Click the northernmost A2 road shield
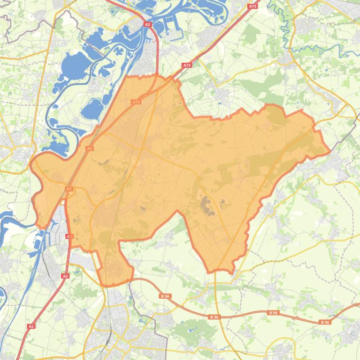tap(148, 24)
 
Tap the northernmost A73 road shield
tap(252, 7)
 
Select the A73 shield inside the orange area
tap(136, 101)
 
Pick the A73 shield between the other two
tap(187, 65)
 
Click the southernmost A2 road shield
tap(31, 326)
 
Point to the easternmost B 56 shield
tap(325, 322)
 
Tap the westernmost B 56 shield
tap(164, 296)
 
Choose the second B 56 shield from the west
tap(214, 317)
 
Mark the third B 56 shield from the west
tap(274, 312)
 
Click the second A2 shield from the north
tap(90, 148)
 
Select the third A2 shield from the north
tap(69, 189)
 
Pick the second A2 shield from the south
tap(65, 276)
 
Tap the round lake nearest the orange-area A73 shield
tap(91, 110)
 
